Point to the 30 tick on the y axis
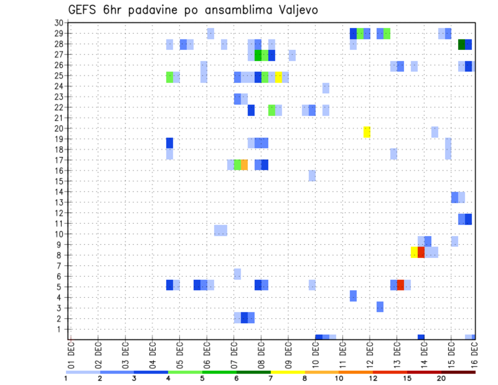tap(59, 23)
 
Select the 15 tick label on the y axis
tap(59, 181)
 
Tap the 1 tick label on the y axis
tap(60, 329)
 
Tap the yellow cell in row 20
tap(367, 132)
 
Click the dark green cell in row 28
tap(462, 45)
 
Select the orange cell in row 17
tap(244, 164)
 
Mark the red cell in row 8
tap(421, 252)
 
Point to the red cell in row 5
tap(400, 285)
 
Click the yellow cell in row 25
tap(279, 77)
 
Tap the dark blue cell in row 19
tap(170, 143)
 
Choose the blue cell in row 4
tap(353, 296)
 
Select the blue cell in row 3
tap(380, 307)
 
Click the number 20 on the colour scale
tap(441, 378)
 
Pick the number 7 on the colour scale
tap(270, 378)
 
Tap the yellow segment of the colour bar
tap(287, 372)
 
